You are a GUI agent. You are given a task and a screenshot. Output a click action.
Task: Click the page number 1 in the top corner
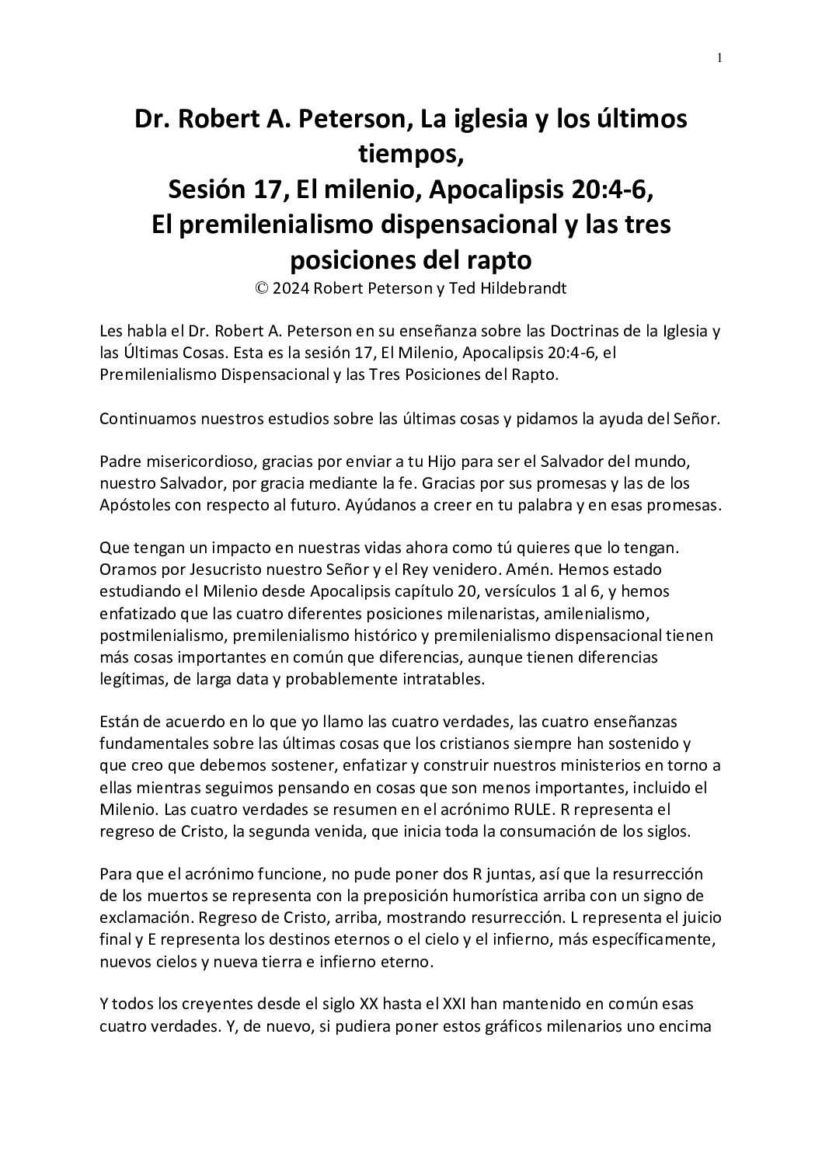click(719, 57)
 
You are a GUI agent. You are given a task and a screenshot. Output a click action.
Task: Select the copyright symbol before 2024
click(260, 287)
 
